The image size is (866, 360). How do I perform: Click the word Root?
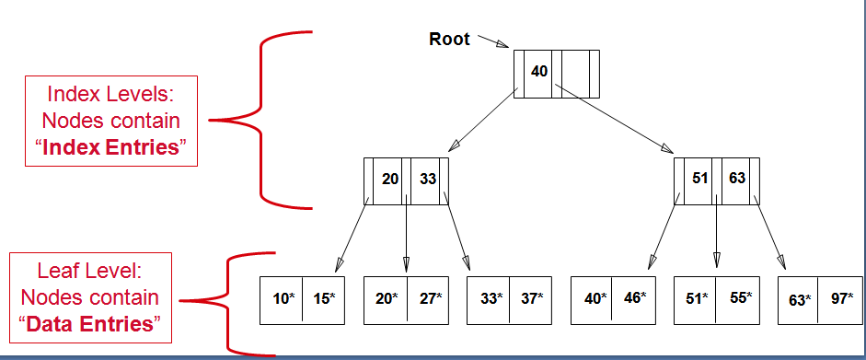pos(449,39)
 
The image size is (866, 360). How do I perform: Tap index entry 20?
pos(390,179)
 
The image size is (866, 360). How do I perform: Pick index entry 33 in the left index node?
pos(428,179)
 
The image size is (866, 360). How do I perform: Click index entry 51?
pos(700,179)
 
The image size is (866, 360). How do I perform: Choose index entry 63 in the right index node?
pos(737,179)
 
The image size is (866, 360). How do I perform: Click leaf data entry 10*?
pos(283,298)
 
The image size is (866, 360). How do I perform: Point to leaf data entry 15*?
pos(323,298)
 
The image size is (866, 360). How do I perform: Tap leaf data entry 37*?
pos(531,298)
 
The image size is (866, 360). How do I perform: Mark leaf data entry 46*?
pos(634,298)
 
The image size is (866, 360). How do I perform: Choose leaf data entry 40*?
pos(595,298)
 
